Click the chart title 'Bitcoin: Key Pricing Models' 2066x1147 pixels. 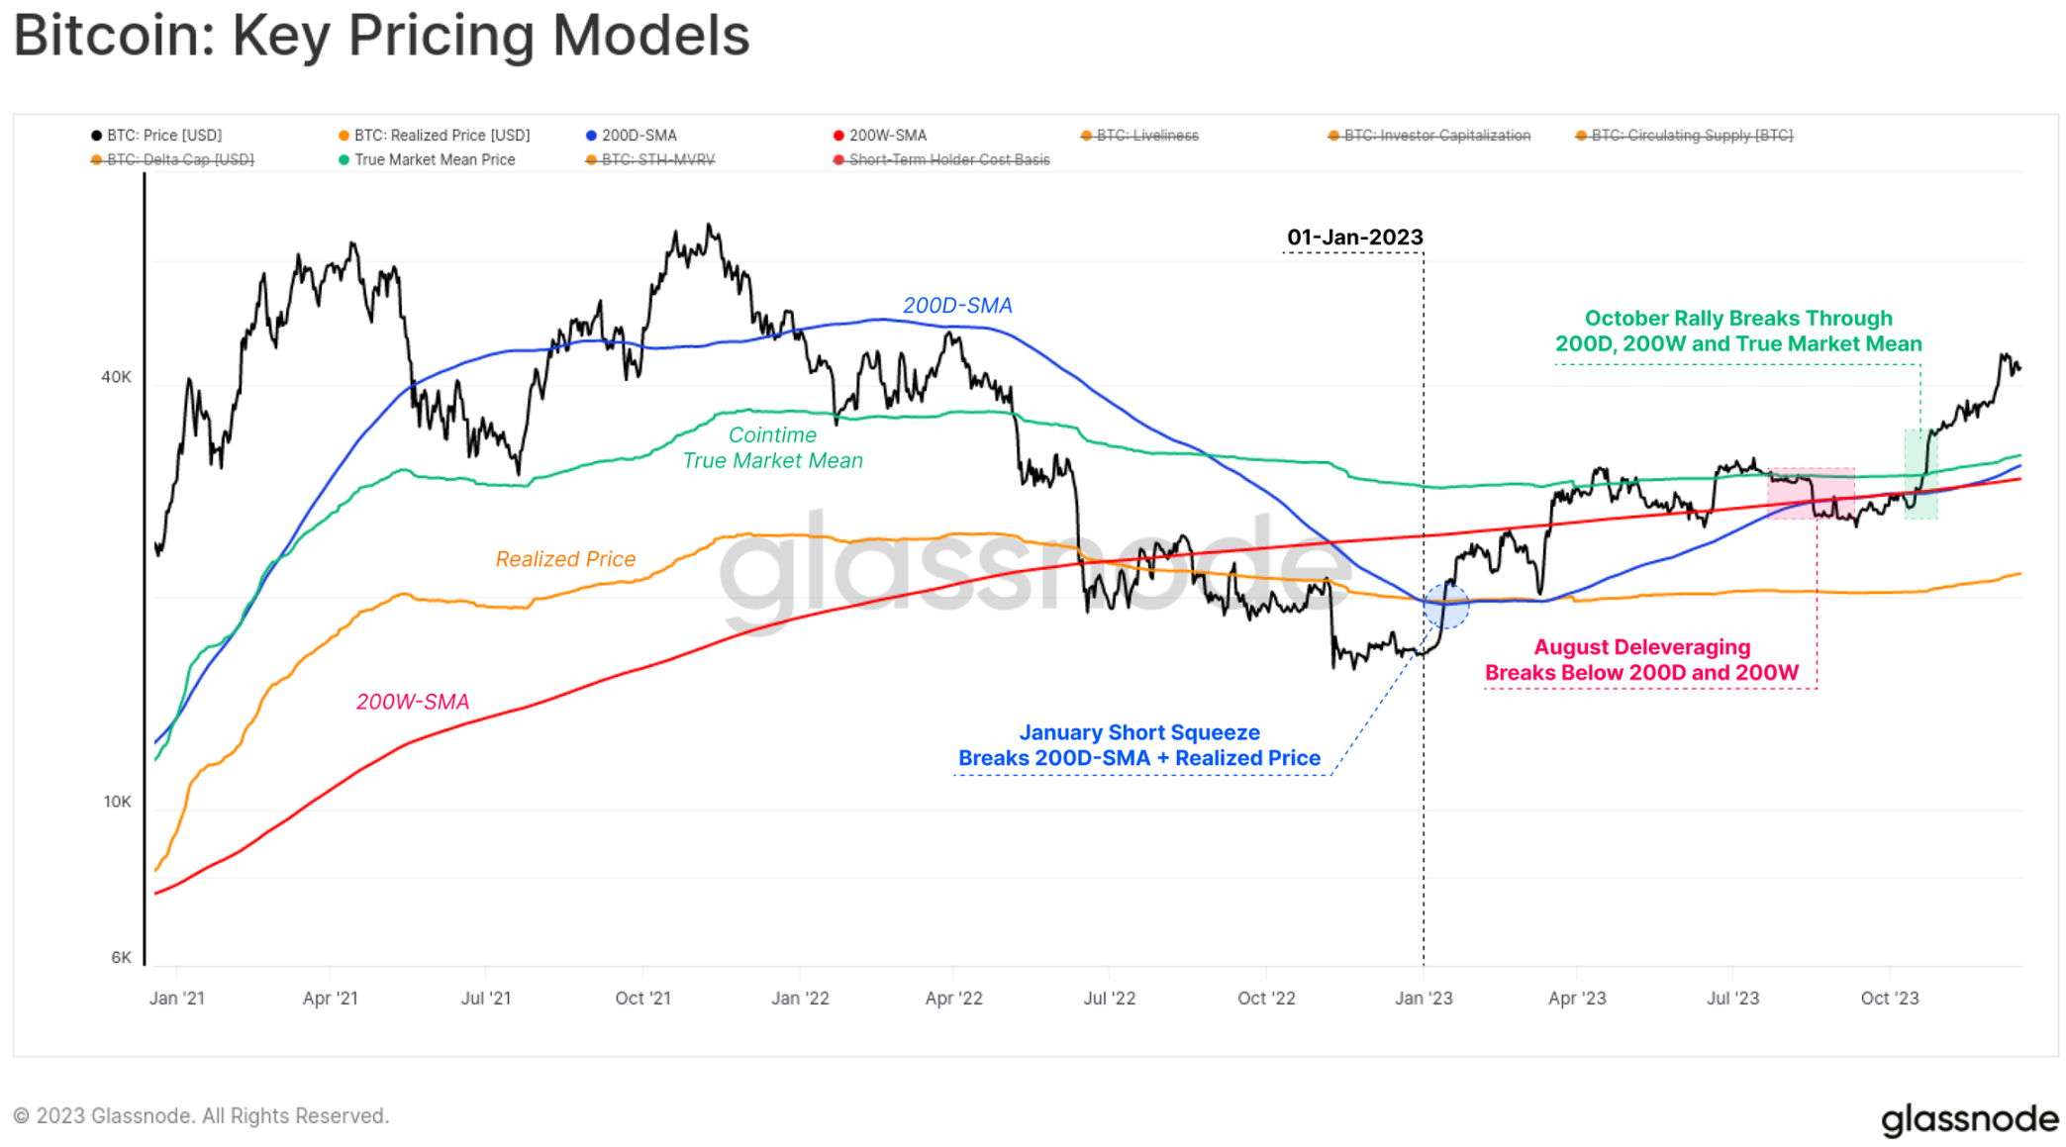coord(381,36)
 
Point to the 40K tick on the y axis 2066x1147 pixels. coord(116,377)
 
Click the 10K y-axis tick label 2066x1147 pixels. coord(117,802)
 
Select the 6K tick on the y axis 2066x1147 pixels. coord(121,957)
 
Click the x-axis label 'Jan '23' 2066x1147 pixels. coord(1424,998)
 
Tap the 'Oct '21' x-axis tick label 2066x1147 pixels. coord(642,998)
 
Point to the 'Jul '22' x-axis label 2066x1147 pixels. coord(1109,998)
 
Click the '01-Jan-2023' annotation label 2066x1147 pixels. coord(1354,238)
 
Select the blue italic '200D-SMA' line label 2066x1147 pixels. coord(957,306)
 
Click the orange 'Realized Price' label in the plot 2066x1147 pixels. coord(565,559)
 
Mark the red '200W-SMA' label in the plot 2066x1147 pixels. coord(413,702)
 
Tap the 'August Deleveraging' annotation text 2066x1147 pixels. coord(1641,647)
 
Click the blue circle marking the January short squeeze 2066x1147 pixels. coord(1446,606)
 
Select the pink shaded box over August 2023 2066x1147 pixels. coord(1811,493)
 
